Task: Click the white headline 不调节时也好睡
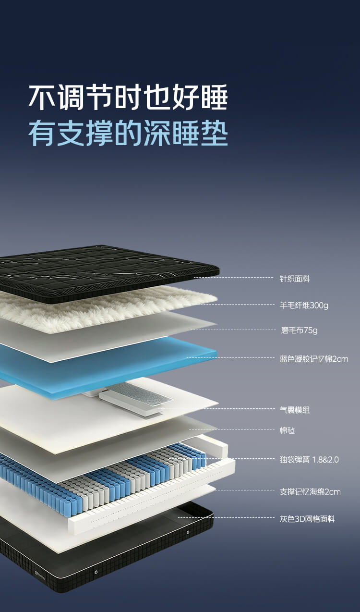[x=128, y=97]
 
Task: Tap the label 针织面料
[x=295, y=279]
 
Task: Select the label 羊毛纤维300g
[x=304, y=305]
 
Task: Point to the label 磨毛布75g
[x=299, y=330]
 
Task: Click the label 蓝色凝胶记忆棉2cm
[x=314, y=359]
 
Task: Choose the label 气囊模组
[x=295, y=410]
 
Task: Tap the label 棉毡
[x=287, y=430]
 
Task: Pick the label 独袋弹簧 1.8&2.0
[x=309, y=460]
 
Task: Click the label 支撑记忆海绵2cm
[x=310, y=492]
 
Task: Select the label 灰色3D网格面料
[x=307, y=519]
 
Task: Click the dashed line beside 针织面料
[x=233, y=277]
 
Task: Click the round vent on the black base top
[x=188, y=532]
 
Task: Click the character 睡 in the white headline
[x=215, y=97]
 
